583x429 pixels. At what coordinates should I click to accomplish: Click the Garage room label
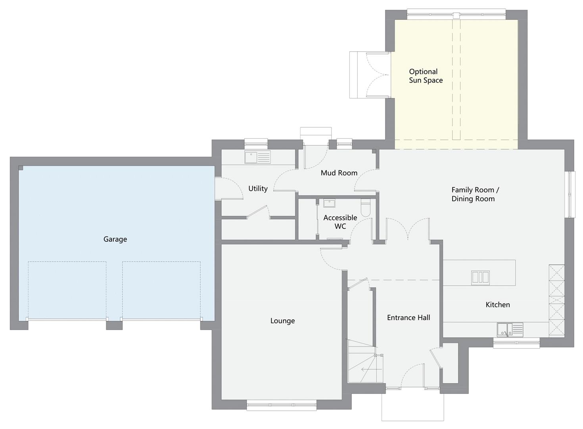click(x=115, y=239)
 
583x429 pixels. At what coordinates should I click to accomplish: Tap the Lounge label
click(x=282, y=321)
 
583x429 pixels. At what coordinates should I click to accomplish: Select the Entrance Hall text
click(x=408, y=317)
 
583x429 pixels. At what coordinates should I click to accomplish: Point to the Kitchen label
click(x=498, y=305)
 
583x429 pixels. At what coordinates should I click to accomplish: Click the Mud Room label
click(x=339, y=173)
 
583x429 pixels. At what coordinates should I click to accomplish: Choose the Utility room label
click(x=258, y=188)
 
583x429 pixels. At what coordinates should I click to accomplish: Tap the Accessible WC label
click(x=340, y=222)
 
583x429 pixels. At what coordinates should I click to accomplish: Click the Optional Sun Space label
click(x=426, y=76)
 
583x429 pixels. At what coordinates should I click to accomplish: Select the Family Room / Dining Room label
click(x=475, y=194)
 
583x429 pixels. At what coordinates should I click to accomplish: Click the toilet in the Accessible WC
click(x=365, y=208)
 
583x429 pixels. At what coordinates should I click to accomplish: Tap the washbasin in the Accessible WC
click(x=329, y=203)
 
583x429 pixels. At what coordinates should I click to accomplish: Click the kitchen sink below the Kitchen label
click(x=510, y=330)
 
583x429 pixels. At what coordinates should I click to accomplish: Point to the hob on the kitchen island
click(x=480, y=278)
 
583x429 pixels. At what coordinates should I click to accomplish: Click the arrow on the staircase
click(x=371, y=369)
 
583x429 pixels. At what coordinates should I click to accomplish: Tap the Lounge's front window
click(x=282, y=405)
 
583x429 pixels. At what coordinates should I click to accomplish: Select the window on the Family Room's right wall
click(x=570, y=194)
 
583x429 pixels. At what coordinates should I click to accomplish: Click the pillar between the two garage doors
click(x=114, y=326)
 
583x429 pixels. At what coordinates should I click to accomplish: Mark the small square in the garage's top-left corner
click(x=21, y=168)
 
